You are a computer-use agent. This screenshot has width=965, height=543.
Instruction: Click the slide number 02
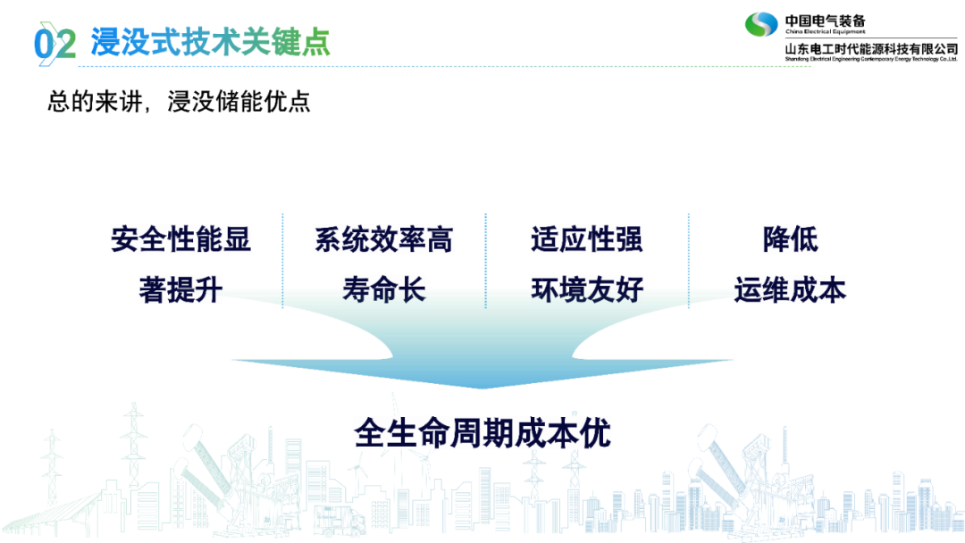[55, 44]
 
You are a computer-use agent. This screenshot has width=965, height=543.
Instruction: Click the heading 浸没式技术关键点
[211, 42]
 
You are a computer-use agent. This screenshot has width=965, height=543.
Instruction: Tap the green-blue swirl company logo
[761, 25]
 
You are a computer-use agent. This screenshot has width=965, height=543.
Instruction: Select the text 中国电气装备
[825, 21]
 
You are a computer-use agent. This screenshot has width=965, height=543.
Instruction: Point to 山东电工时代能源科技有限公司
[871, 48]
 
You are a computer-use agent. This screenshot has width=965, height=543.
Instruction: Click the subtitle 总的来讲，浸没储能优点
[179, 102]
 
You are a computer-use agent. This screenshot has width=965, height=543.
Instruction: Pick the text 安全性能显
[180, 239]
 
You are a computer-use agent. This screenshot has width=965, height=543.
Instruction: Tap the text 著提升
[180, 289]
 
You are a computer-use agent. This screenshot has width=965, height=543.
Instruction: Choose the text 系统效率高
[384, 239]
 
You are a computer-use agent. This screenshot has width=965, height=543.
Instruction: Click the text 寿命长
[384, 289]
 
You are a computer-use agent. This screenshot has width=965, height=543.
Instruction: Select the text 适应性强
[587, 239]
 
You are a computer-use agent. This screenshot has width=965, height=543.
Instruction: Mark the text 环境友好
[587, 289]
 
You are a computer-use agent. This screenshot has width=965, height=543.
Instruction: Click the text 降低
[790, 239]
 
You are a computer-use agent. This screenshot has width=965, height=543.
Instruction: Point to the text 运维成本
[790, 289]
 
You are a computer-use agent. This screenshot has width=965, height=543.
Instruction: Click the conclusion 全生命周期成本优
[482, 433]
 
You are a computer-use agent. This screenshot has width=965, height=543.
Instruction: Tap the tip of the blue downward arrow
[482, 388]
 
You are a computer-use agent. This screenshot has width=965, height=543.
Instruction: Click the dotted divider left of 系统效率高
[282, 261]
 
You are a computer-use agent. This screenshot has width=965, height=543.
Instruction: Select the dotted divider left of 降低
[689, 261]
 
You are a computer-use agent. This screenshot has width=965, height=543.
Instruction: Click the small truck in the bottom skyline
[340, 521]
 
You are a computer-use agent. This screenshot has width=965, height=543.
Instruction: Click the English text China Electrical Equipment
[826, 32]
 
